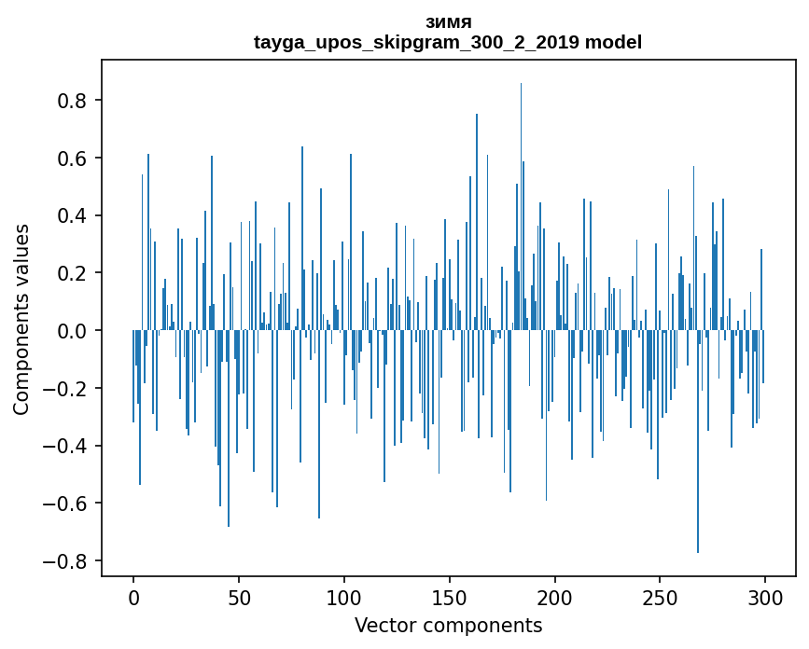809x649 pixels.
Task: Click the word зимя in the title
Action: pos(447,21)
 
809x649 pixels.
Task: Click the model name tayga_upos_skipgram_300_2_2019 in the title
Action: pos(416,42)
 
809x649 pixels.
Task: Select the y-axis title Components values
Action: pos(21,319)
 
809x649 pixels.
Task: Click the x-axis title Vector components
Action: pos(448,625)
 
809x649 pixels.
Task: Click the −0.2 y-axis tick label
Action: pos(68,389)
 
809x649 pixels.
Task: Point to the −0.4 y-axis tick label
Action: pos(68,446)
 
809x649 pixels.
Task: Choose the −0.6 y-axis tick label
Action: pos(68,504)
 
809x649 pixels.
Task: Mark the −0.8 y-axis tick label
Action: pos(68,561)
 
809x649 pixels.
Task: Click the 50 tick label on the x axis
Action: pos(239,596)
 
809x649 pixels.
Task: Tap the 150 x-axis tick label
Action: pos(450,596)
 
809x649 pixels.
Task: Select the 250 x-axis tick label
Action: pos(660,596)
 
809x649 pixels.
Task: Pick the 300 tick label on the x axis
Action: pos(765,596)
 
